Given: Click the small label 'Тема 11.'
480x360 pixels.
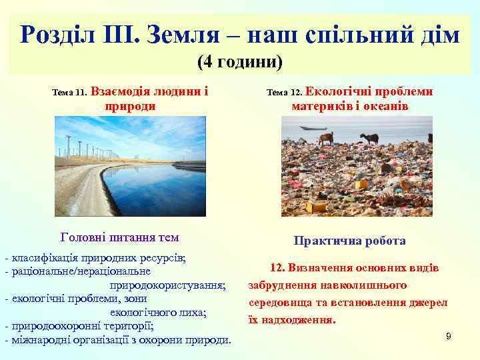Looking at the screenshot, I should pyautogui.click(x=69, y=94).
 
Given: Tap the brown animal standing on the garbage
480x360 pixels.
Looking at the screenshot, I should pyautogui.click(x=326, y=138).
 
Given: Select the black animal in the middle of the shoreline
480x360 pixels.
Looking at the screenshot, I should pyautogui.click(x=369, y=138).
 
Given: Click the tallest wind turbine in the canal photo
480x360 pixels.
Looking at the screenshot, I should pyautogui.click(x=69, y=143).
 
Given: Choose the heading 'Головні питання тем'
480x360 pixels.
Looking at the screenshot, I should pyautogui.click(x=119, y=236).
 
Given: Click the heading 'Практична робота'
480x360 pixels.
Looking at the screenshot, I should pyautogui.click(x=349, y=241).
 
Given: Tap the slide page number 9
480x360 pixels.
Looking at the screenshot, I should pyautogui.click(x=448, y=336).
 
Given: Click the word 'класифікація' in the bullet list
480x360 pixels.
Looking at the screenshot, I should pyautogui.click(x=39, y=258).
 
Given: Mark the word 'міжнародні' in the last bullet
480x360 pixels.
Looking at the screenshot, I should pyautogui.click(x=35, y=340).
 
